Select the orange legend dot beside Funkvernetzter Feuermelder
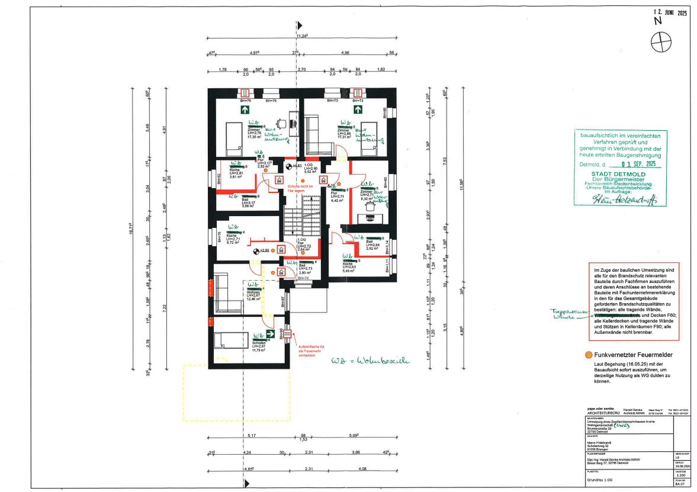[x=588, y=354]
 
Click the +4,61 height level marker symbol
[x=288, y=167]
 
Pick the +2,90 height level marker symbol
[x=255, y=251]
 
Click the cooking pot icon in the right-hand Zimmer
[x=372, y=206]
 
